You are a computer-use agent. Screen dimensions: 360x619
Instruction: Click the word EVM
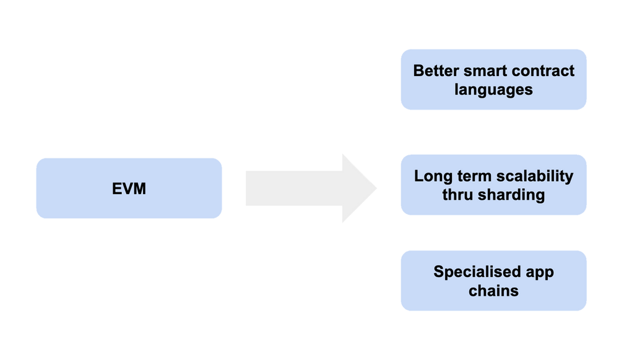point(129,189)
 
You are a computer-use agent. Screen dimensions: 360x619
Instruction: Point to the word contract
point(543,71)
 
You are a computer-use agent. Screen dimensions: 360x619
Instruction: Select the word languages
point(493,89)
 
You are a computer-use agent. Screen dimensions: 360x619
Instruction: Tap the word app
point(540,273)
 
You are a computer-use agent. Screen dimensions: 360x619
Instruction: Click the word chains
point(493,290)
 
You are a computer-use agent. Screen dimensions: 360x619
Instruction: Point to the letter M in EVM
point(140,189)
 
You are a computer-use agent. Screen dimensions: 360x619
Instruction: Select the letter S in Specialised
point(438,272)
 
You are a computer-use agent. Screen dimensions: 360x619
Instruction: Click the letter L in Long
point(418,176)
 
